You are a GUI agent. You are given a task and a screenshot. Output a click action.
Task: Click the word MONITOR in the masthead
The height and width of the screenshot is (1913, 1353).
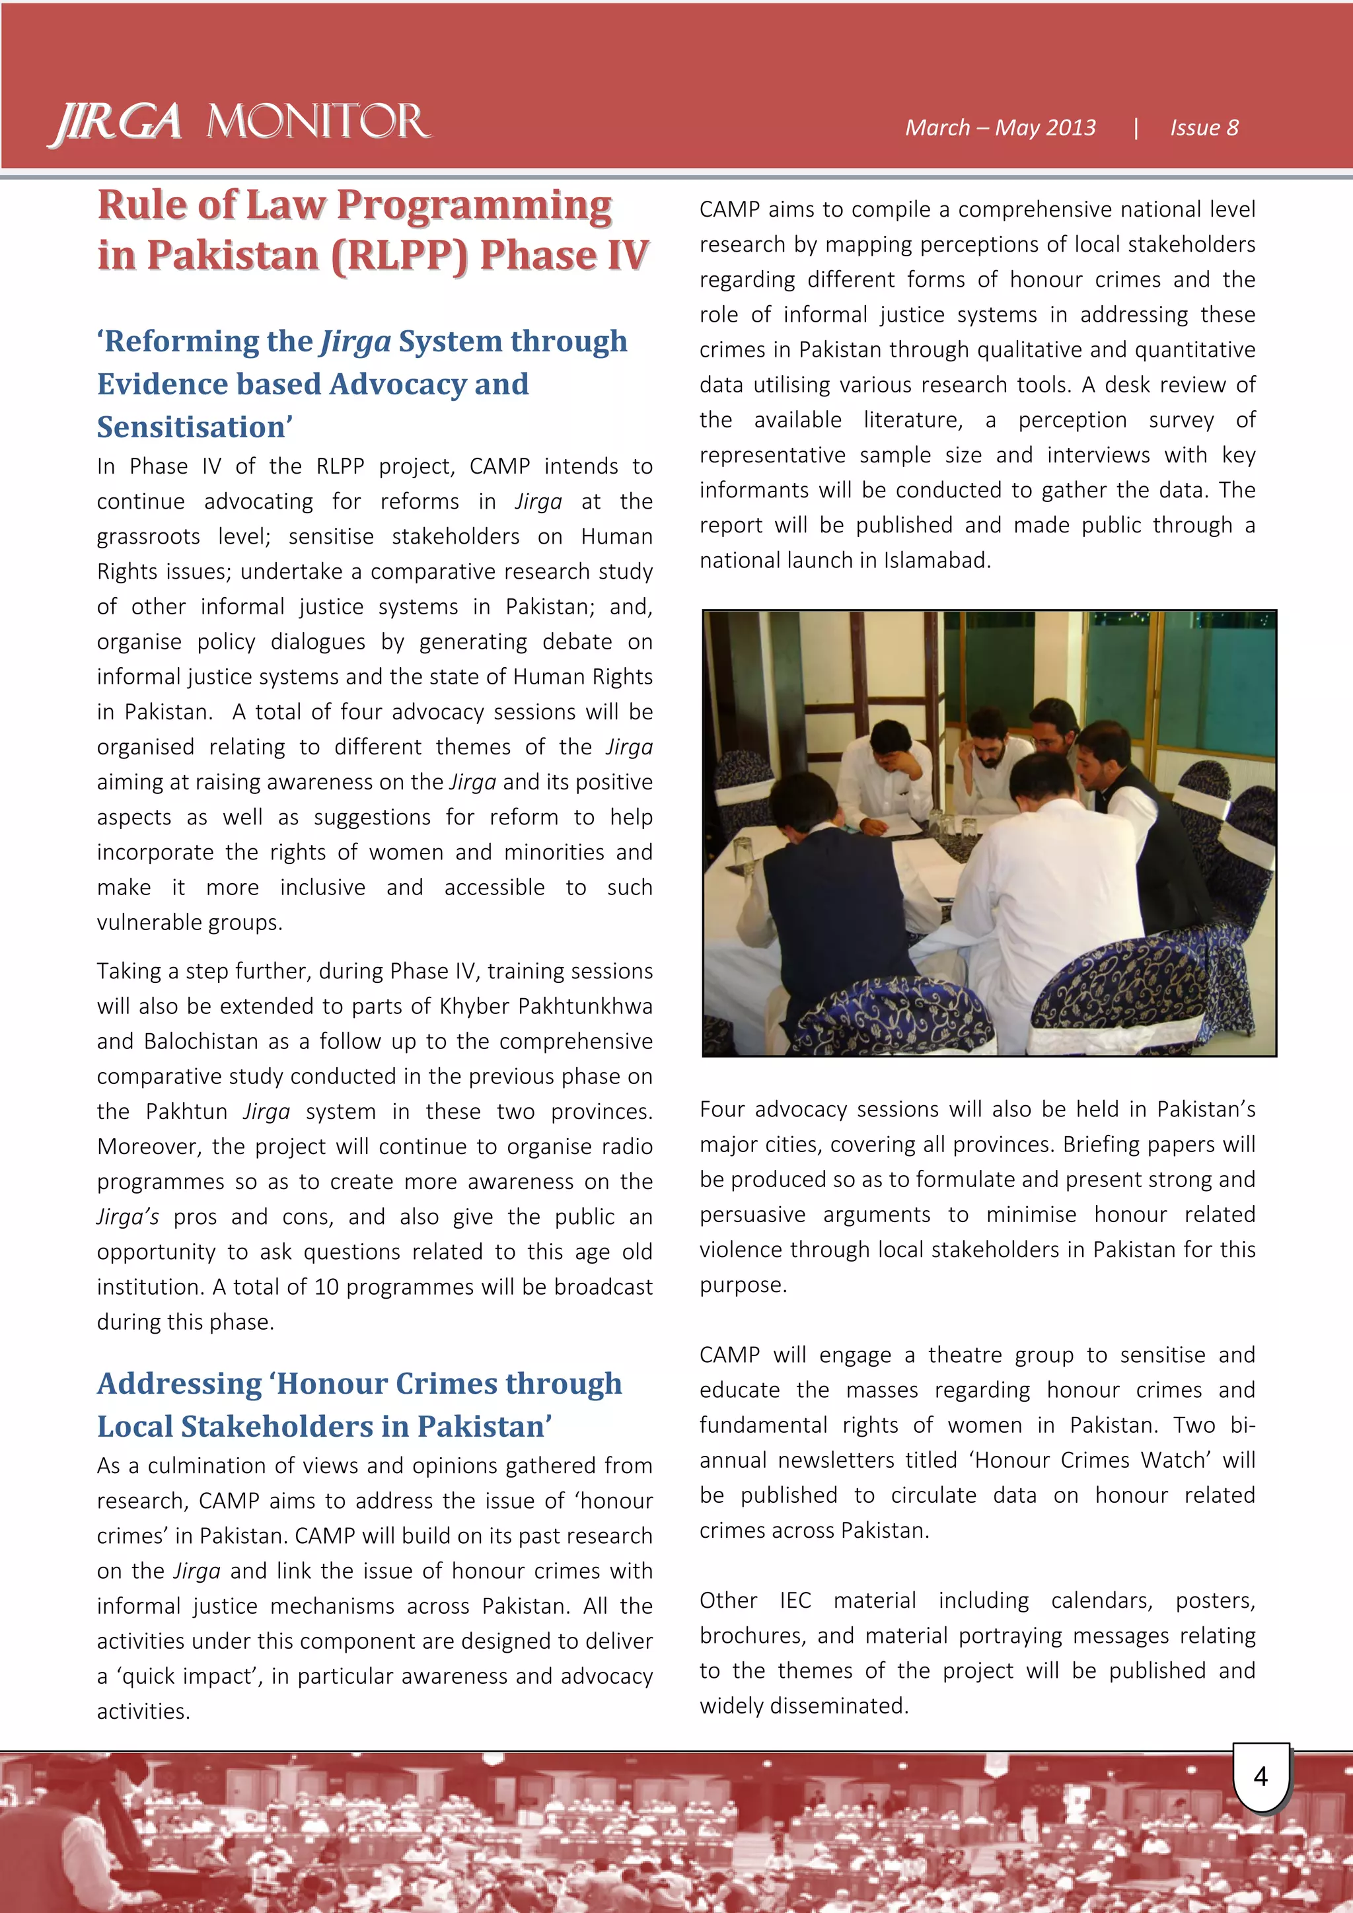pos(318,122)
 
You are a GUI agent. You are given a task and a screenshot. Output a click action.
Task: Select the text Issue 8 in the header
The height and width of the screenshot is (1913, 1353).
pos(1203,127)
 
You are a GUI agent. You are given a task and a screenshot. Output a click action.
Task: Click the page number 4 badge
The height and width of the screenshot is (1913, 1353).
pos(1261,1776)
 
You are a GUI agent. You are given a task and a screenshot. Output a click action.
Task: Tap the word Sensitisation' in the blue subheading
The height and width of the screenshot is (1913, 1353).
pos(195,427)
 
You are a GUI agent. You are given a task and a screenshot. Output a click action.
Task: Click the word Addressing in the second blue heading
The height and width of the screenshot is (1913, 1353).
pos(179,1383)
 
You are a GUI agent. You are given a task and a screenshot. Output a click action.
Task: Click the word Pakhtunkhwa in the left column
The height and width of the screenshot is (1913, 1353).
pos(584,1007)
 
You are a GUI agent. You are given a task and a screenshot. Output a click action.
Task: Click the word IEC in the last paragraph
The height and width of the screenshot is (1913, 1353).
pos(795,1601)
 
